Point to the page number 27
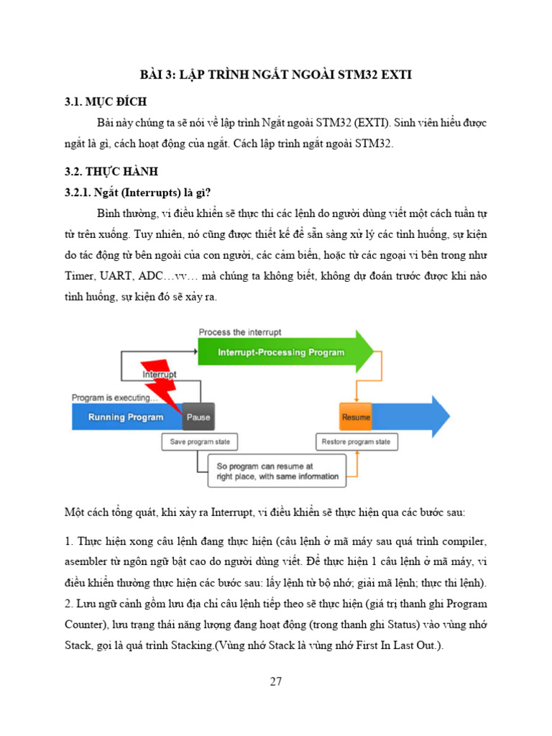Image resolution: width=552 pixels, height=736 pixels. tap(276, 681)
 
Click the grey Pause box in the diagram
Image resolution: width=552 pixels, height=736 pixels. tap(198, 417)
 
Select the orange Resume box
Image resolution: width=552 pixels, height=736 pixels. tap(356, 417)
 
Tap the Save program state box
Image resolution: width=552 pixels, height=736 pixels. tap(200, 441)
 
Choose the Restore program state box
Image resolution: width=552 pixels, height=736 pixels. tap(356, 441)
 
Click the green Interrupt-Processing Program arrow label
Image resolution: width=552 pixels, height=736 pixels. tap(281, 352)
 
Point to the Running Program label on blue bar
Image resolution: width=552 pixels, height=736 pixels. tap(126, 417)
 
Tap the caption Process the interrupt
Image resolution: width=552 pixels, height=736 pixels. tap(239, 332)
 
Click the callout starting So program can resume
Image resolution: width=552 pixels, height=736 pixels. tap(277, 471)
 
